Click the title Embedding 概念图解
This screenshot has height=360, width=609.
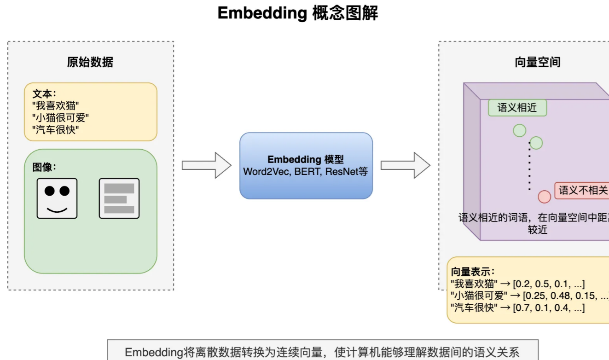click(x=297, y=13)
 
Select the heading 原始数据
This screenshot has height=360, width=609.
click(x=90, y=62)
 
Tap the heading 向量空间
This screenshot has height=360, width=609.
click(x=537, y=62)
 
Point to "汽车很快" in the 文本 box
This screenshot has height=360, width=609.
click(x=57, y=129)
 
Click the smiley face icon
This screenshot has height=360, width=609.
click(x=57, y=198)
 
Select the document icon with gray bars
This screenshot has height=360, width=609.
click(x=119, y=198)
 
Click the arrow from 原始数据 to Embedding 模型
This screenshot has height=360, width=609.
click(x=206, y=165)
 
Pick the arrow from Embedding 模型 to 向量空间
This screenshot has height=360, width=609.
click(x=405, y=165)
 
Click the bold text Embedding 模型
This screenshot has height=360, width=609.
click(x=306, y=160)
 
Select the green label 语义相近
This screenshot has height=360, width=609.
click(x=517, y=108)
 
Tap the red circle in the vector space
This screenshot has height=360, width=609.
click(x=545, y=197)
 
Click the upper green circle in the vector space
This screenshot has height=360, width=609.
click(x=519, y=130)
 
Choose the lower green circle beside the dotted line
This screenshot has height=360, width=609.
click(x=536, y=143)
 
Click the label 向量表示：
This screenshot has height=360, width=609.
click(x=473, y=272)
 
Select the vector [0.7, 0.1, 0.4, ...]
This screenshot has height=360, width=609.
click(x=549, y=308)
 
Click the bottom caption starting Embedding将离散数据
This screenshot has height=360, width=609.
click(x=322, y=353)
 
